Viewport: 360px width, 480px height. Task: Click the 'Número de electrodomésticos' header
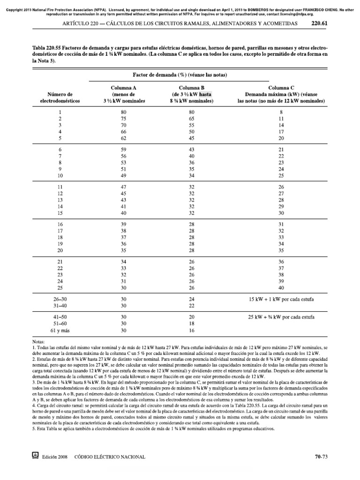click(x=60, y=97)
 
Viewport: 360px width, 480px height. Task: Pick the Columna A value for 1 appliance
click(x=123, y=112)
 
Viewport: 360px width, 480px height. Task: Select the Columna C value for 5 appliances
click(x=281, y=139)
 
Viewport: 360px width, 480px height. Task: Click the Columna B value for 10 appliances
click(x=191, y=175)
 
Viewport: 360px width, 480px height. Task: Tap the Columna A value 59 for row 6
click(x=123, y=149)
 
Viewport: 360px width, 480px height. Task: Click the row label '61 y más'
click(x=60, y=330)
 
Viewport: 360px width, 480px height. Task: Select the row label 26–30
click(x=60, y=299)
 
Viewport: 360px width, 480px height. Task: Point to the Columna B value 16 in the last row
click(x=191, y=330)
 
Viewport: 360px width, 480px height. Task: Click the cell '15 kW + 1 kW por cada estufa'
click(x=281, y=299)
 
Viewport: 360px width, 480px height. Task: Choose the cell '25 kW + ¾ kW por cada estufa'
click(x=281, y=317)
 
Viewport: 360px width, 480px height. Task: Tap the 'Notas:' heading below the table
click(x=37, y=343)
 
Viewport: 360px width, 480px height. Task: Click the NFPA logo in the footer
click(x=34, y=455)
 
